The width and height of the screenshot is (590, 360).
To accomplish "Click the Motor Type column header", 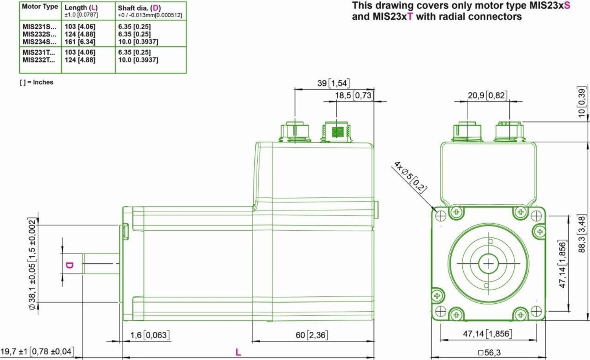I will pyautogui.click(x=40, y=7).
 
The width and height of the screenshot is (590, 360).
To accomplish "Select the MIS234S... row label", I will pyautogui.click(x=39, y=42).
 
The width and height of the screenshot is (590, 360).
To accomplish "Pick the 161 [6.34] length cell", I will pyautogui.click(x=80, y=42).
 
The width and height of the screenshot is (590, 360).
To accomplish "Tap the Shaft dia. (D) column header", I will pyautogui.click(x=139, y=8).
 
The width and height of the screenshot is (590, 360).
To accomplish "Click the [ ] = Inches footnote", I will pyautogui.click(x=37, y=82).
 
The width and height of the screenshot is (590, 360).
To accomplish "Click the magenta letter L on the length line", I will pyautogui.click(x=238, y=352).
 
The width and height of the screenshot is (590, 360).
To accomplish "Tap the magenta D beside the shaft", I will pyautogui.click(x=69, y=265).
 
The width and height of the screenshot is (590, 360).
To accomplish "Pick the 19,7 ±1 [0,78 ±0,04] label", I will pyautogui.click(x=37, y=351).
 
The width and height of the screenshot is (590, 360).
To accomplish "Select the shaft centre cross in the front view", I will pyautogui.click(x=488, y=263).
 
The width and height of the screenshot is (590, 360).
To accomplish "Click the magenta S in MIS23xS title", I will pyautogui.click(x=567, y=6).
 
